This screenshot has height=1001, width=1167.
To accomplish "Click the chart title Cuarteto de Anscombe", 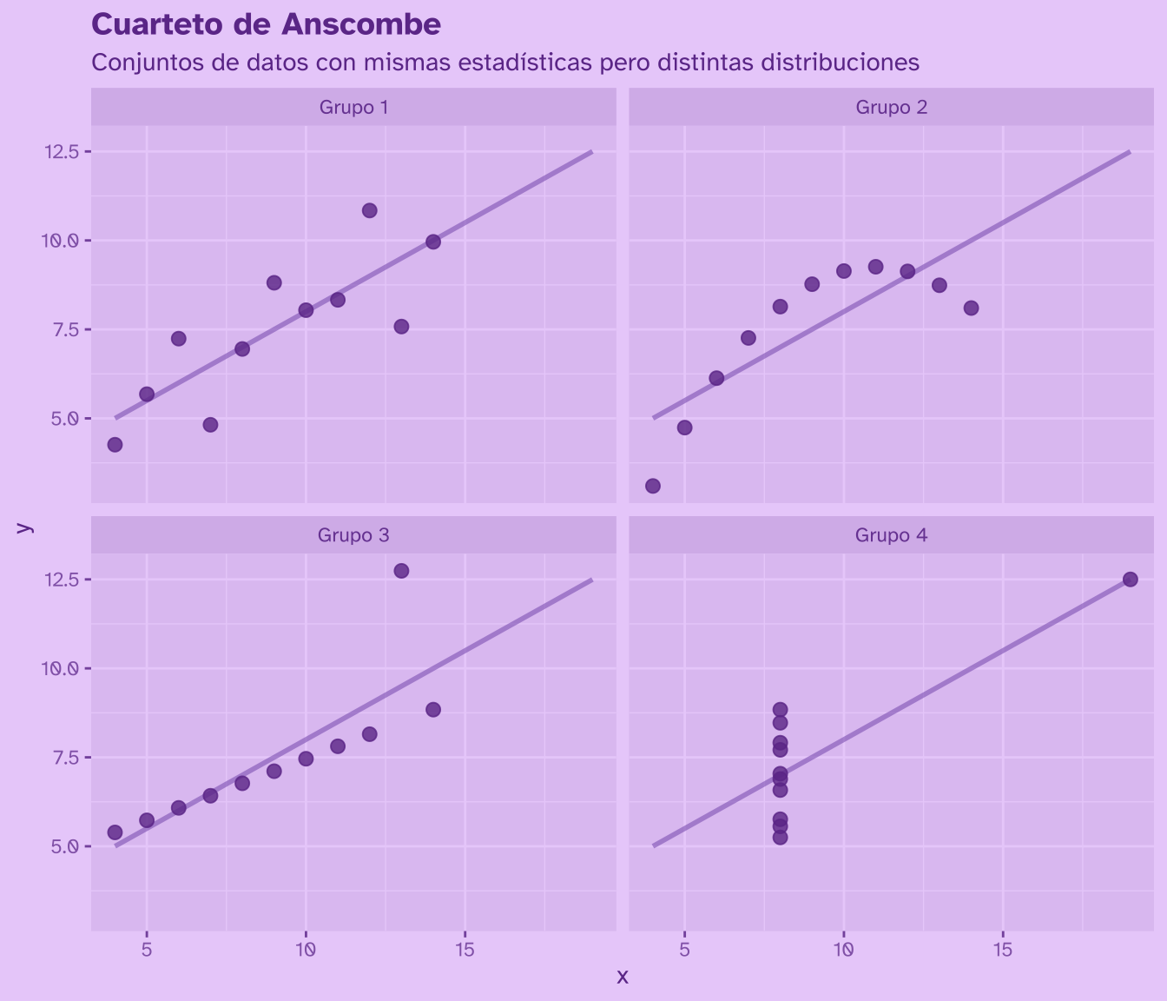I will point(266,25).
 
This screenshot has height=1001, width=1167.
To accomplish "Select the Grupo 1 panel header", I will point(353,107).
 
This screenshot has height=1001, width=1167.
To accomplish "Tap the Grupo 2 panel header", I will point(891,107).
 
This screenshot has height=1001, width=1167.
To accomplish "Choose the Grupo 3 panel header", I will point(353,534).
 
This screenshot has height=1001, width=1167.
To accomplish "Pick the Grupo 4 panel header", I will point(891,534).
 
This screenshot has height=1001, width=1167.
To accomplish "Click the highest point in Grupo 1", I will point(369,210).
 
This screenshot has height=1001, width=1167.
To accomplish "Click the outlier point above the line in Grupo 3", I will point(401,571).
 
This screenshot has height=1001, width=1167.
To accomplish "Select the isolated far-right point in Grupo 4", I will point(1130,580).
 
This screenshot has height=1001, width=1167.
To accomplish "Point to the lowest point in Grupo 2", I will point(653,486).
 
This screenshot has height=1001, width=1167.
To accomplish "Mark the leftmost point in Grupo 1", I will point(115,445).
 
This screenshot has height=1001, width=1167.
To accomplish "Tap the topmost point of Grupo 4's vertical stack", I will point(780,710).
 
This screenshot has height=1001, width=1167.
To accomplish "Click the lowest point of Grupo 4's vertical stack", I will point(780,838).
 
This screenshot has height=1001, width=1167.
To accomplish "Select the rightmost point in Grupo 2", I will point(971,308).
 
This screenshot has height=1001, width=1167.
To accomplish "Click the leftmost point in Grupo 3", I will point(115,832).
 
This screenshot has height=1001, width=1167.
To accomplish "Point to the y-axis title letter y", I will point(26,527).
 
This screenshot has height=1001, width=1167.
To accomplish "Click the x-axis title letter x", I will point(622,977).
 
